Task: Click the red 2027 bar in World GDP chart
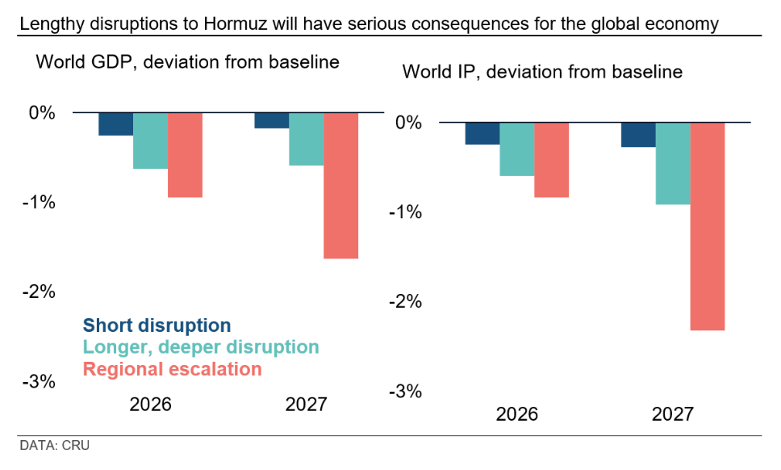(x=340, y=186)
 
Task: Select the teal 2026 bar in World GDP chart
(x=150, y=141)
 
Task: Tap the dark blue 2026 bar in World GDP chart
(x=115, y=124)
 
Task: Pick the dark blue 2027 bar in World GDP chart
(x=271, y=120)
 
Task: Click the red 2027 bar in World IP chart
(x=708, y=226)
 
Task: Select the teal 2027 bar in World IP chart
(x=673, y=163)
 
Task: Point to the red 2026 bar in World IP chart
(x=551, y=160)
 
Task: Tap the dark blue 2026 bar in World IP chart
(x=482, y=133)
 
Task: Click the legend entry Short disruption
(x=157, y=325)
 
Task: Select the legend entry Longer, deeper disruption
(x=201, y=347)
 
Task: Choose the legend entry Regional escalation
(x=173, y=369)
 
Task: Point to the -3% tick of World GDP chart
(x=38, y=381)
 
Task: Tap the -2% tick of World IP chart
(x=405, y=302)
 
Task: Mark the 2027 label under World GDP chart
(x=307, y=405)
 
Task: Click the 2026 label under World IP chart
(x=516, y=415)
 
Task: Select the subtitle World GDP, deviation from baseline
(x=187, y=61)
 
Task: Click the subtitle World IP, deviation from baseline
(x=542, y=72)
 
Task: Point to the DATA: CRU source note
(x=54, y=445)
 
